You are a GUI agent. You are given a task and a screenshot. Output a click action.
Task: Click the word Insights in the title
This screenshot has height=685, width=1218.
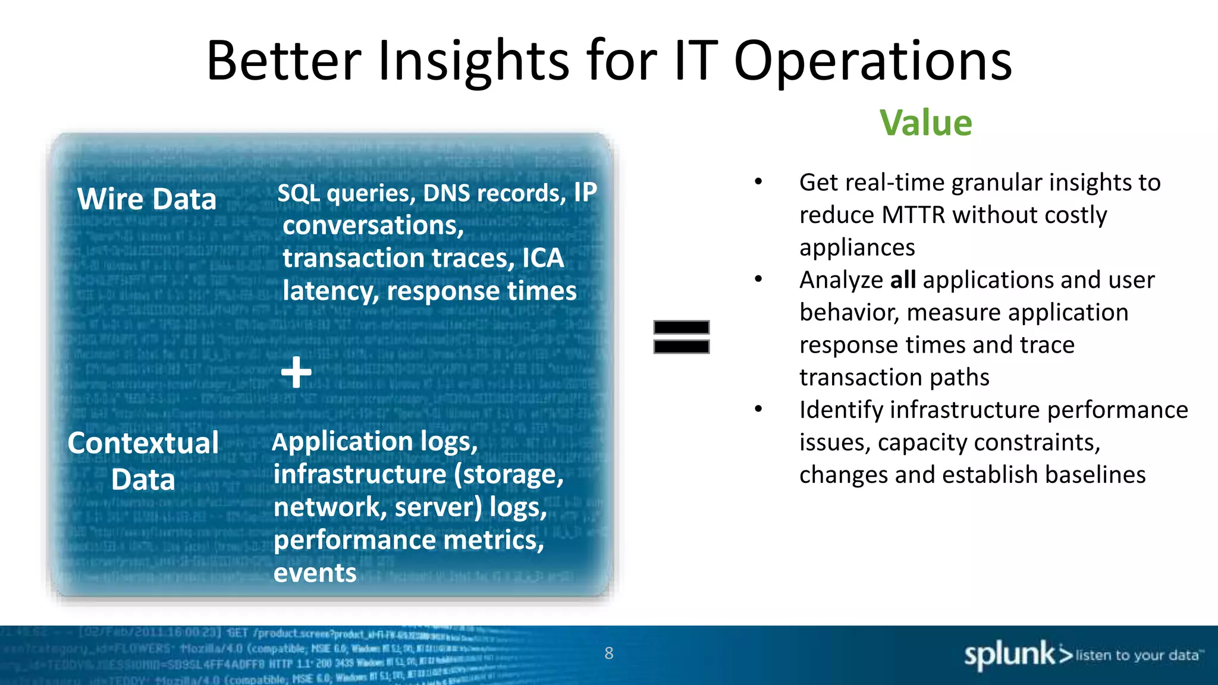coord(473,61)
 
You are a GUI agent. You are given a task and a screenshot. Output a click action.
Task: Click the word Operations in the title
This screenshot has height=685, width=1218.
coord(872,61)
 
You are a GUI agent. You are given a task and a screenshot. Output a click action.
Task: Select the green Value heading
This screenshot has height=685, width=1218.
coord(925,123)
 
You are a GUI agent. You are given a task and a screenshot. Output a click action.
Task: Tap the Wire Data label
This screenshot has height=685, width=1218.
coord(147,199)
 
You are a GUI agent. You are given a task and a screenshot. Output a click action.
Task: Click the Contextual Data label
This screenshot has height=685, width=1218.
coord(143,461)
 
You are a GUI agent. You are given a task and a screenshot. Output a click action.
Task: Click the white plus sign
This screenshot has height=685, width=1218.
coord(296,373)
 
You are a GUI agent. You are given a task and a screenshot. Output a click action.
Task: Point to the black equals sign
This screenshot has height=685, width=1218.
coord(681,337)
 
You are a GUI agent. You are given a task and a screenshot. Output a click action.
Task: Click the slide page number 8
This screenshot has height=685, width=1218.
coord(608,653)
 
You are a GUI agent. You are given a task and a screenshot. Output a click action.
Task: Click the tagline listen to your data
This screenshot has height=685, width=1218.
coord(1137,655)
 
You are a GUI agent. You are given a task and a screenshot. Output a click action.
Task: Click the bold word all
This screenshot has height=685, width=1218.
coord(903,280)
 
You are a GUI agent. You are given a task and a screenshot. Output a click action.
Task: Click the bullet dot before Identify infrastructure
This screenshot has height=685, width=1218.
coord(758,409)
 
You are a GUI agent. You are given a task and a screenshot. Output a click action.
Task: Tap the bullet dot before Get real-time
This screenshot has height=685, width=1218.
coord(758,182)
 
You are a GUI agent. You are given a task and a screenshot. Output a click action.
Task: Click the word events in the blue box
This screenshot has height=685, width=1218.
coord(315,573)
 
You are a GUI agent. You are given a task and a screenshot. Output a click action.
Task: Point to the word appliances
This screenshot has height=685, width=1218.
coord(856,247)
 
